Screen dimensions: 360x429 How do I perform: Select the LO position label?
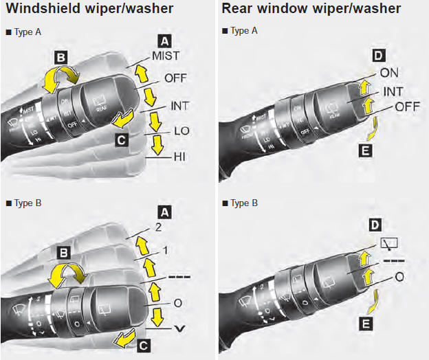pyautogui.click(x=181, y=131)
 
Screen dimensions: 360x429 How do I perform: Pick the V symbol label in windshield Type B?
pyautogui.click(x=181, y=328)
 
